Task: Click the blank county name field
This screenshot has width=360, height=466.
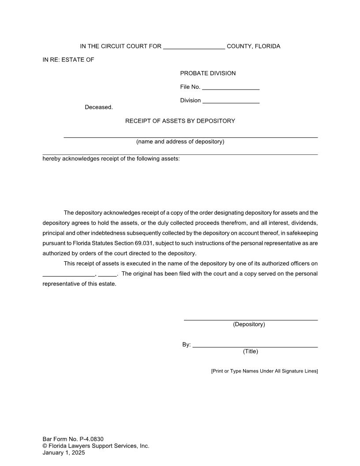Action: click(x=194, y=47)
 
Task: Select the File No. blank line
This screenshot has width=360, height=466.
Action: click(x=230, y=87)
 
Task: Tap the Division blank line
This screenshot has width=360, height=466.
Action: click(x=231, y=101)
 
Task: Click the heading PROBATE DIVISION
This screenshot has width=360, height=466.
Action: click(x=208, y=73)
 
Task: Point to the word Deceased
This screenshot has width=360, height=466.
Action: click(x=99, y=107)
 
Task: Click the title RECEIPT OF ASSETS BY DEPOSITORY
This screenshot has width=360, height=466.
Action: click(x=180, y=121)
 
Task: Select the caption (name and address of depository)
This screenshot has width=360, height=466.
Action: click(x=180, y=142)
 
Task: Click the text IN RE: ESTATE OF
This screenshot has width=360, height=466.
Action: click(x=68, y=60)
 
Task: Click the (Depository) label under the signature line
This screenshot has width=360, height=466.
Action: click(x=249, y=324)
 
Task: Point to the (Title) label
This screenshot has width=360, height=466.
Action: click(x=250, y=351)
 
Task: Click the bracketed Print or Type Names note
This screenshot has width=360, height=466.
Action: click(x=264, y=371)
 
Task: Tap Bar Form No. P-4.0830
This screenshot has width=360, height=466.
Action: click(x=73, y=439)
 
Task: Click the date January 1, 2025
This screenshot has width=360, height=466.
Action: click(x=64, y=452)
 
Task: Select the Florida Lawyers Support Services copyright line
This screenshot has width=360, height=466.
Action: click(x=96, y=446)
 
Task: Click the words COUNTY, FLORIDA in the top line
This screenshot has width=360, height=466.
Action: click(x=253, y=47)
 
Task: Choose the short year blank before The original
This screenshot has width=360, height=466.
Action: click(x=107, y=274)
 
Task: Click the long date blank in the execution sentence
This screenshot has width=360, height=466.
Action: click(x=68, y=274)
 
